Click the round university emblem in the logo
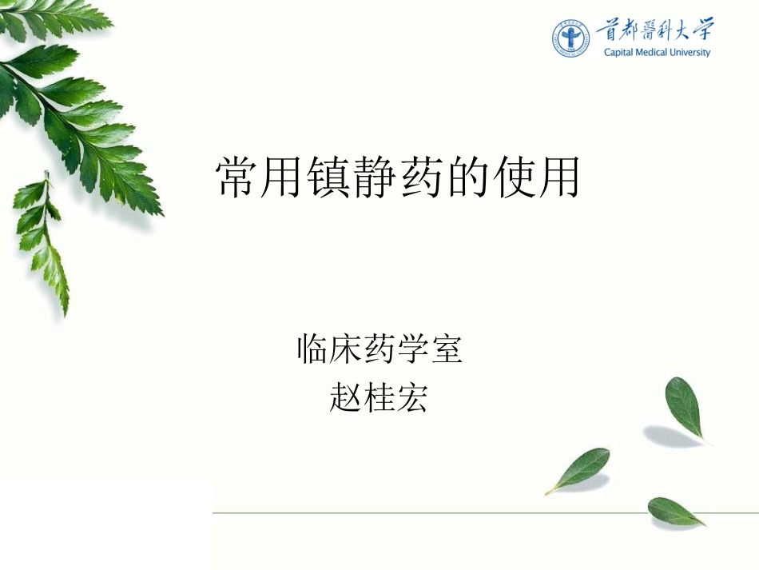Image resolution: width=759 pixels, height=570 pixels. point(571,38)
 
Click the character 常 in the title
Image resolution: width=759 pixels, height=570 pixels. point(238,177)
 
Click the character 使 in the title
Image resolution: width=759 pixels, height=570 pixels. point(512,177)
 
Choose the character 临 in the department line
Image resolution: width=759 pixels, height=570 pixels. point(313,349)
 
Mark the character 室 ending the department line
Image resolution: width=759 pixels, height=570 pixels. point(447,349)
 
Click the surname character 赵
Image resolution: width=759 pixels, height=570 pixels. point(346,397)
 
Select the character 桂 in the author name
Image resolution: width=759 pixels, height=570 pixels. point(379,397)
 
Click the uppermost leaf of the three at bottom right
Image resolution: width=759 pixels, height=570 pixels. point(684,407)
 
